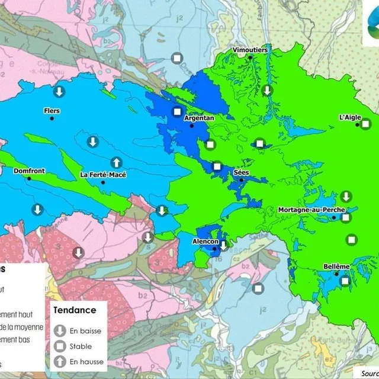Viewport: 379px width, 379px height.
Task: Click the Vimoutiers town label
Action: pos(250,50)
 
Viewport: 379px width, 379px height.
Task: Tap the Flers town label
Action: pos(52,111)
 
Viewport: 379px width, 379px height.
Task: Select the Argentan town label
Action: pos(199,118)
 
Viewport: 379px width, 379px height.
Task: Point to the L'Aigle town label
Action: pos(350,117)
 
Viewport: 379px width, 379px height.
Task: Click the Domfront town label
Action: pos(29,171)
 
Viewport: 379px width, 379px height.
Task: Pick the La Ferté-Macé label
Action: pos(103,175)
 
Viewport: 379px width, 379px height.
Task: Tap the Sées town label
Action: pos(241,172)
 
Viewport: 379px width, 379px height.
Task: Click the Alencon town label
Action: pos(205,242)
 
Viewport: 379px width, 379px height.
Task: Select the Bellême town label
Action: pos(336,266)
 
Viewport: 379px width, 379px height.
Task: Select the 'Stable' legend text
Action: pos(81,346)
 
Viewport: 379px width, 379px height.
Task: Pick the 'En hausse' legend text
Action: pos(86,361)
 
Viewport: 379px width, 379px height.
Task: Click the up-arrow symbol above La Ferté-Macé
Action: pos(117,162)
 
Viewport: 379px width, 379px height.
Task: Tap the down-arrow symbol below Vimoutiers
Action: pos(268,90)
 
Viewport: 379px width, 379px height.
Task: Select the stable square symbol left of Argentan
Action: pos(176,112)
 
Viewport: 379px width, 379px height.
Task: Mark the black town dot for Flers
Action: pos(52,118)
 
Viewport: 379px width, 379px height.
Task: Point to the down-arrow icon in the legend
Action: pos(59,331)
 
